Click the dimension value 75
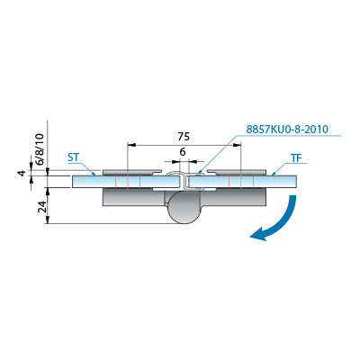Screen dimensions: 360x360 click(184, 137)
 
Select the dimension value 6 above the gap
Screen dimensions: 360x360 click(183, 152)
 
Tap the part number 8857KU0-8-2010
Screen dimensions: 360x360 click(287, 130)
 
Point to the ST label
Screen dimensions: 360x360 click(74, 157)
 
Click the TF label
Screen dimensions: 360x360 click(296, 158)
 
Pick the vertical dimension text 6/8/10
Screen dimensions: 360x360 click(40, 148)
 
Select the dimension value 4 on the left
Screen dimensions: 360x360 click(21, 174)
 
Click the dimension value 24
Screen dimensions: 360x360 click(42, 207)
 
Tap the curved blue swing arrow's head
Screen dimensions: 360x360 click(256, 234)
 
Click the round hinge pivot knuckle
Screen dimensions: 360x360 click(183, 208)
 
